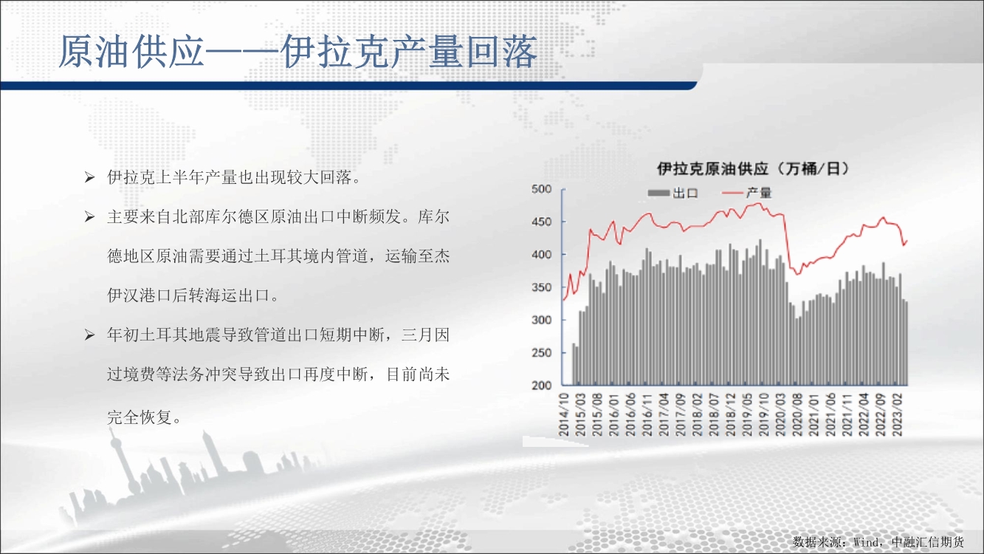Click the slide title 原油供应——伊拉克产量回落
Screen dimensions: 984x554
coord(297,52)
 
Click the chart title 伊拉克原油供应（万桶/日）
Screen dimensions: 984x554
coord(752,169)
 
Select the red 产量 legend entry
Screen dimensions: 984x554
coord(747,193)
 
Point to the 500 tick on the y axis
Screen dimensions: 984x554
coord(541,189)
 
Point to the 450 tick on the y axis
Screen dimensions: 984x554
coord(541,222)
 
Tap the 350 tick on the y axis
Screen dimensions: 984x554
coord(541,287)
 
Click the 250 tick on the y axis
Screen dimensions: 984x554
coord(541,352)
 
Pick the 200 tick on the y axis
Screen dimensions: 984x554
coord(541,385)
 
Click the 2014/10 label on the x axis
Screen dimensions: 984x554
coord(563,414)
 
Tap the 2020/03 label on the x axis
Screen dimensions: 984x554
coord(780,414)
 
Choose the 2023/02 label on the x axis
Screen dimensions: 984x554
coord(898,414)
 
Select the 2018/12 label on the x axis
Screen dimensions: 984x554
coord(731,414)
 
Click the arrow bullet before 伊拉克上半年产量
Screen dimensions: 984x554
coord(89,177)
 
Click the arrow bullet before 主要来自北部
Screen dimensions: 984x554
coord(89,216)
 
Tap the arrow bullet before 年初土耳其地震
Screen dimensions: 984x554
coord(89,335)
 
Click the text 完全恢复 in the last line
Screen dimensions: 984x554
coord(140,417)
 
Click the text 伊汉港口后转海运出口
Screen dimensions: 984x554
coord(188,295)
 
